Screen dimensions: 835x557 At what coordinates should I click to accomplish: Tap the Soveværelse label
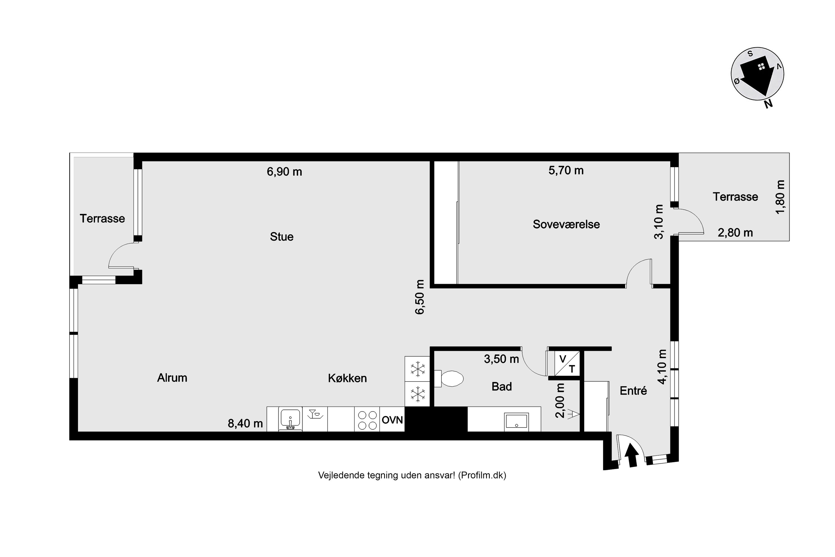point(566,224)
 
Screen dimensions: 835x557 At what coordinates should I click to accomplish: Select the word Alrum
point(172,378)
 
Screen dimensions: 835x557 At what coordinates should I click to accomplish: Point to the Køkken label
point(347,378)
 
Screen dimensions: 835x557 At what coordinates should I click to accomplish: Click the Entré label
point(633,391)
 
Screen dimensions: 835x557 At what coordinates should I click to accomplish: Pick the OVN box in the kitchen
point(392,419)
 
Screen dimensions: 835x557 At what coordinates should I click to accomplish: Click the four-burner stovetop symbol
point(367,419)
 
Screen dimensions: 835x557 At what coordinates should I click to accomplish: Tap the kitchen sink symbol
point(290,419)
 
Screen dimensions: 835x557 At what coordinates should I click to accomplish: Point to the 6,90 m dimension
point(284,172)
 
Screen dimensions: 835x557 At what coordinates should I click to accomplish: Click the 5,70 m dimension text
point(566,170)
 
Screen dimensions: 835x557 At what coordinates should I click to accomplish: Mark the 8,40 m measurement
point(245,423)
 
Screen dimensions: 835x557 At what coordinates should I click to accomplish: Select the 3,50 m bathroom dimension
point(501,359)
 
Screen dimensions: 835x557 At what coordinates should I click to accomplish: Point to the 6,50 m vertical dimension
point(420,297)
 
